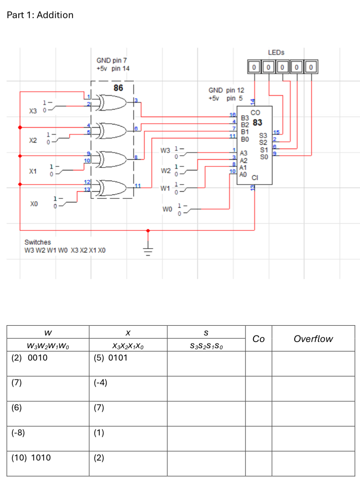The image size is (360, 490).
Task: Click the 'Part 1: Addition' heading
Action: coord(40,15)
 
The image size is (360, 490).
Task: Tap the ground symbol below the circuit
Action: coord(148,250)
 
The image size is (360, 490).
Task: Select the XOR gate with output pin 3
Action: coord(113,103)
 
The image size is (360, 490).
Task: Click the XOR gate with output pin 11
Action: coord(113,188)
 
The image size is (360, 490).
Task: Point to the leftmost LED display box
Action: coord(254,67)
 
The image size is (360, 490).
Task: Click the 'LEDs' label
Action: coord(276,53)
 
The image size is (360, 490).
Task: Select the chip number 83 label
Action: coord(257,122)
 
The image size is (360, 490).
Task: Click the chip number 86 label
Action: coord(118,88)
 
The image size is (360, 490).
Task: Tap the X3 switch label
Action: coord(33,111)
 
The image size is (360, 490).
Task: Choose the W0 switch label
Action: coord(167,209)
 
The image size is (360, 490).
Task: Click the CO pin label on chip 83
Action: coord(255,113)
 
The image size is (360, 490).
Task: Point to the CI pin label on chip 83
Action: coord(255,178)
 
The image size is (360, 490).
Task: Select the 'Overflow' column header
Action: coord(313,339)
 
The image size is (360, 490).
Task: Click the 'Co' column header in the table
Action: coord(259,339)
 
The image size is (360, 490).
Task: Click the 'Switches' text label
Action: coord(37,242)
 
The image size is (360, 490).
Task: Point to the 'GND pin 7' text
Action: coord(112,60)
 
